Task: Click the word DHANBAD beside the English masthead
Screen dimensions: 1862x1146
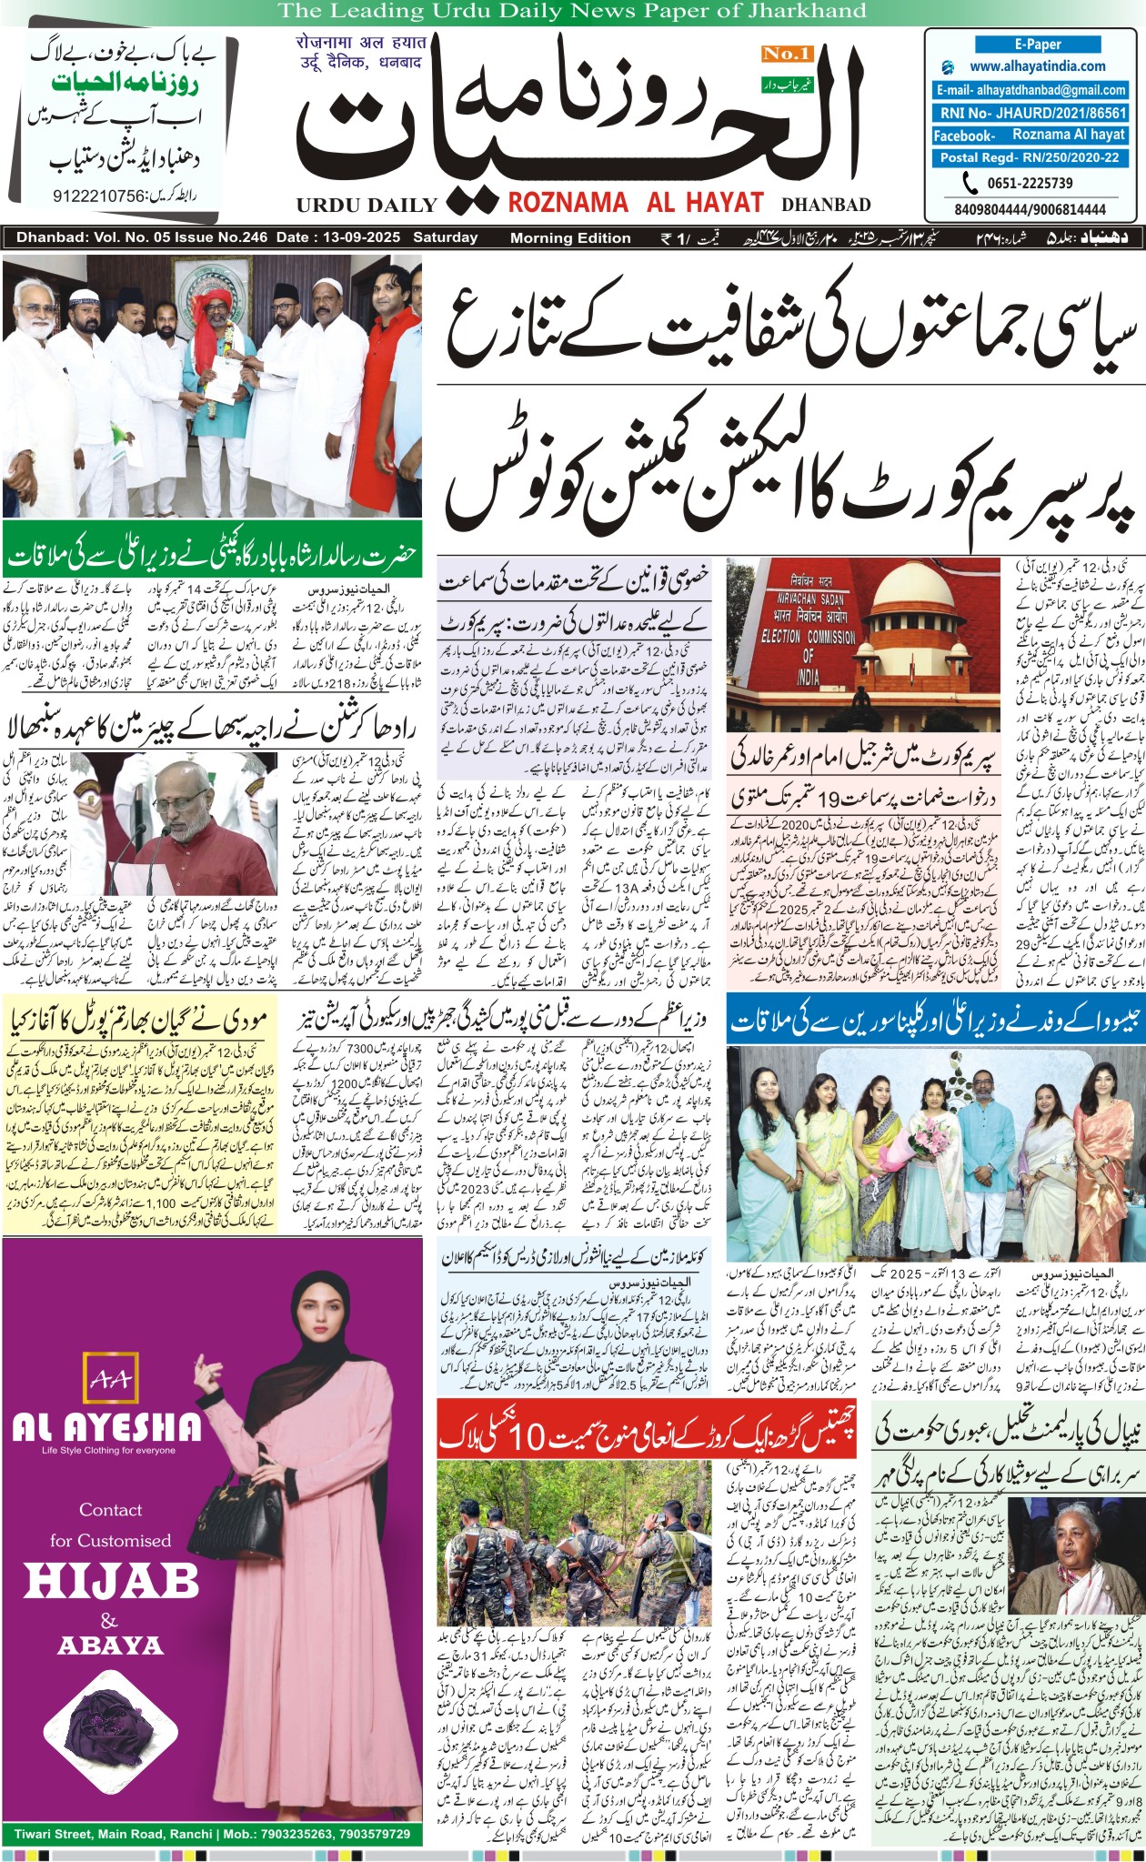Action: tap(826, 205)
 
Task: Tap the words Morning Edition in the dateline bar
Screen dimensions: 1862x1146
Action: tap(570, 238)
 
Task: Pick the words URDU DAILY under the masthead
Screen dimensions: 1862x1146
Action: tap(367, 205)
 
